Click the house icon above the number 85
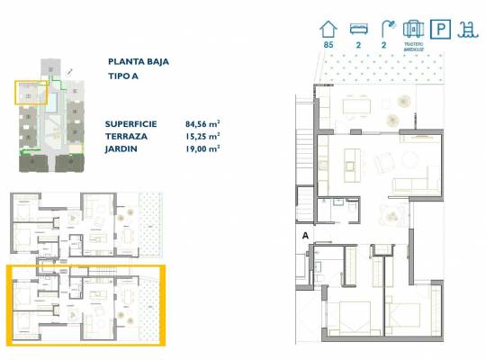coord(328,29)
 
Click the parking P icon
coord(441,29)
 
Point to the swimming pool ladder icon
coord(468,29)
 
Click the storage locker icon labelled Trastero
coord(414,29)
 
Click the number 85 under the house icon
coord(328,45)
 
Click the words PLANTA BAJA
coord(139,62)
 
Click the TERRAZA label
coord(127,135)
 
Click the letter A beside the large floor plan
coord(306,236)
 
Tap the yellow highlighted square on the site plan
coord(30,93)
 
